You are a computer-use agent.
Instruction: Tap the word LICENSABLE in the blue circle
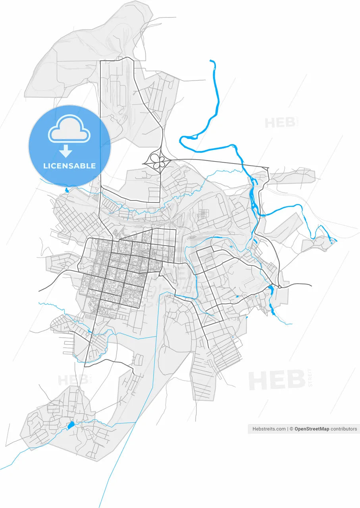(x=69, y=166)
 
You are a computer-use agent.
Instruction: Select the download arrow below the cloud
(x=66, y=151)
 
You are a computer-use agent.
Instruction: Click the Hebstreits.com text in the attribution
(x=269, y=429)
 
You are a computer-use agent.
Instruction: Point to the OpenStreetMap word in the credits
(x=312, y=429)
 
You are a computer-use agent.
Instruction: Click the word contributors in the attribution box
(x=344, y=429)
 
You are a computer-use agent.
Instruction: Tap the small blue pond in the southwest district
(x=71, y=425)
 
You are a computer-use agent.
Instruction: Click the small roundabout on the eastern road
(x=279, y=287)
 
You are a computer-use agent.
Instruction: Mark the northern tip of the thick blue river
(x=211, y=61)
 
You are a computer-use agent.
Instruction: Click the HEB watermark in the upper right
(x=279, y=123)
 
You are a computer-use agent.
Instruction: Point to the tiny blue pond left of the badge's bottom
(x=66, y=190)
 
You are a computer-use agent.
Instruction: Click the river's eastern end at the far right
(x=336, y=241)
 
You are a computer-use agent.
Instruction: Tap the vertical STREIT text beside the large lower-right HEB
(x=310, y=377)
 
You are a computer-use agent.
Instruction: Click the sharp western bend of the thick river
(x=181, y=139)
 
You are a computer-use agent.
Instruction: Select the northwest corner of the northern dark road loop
(x=100, y=62)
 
